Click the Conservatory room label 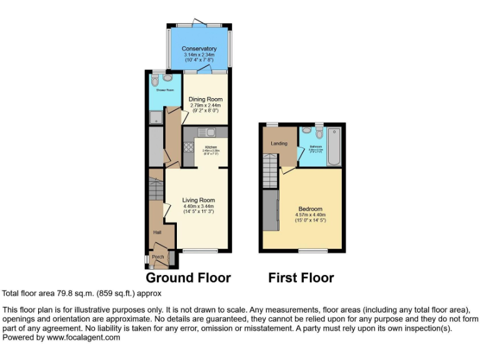199,49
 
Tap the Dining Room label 206,99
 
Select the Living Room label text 198,200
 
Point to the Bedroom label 310,209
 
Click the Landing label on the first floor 279,144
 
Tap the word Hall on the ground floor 157,232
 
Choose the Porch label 157,257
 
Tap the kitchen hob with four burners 188,147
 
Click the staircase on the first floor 270,170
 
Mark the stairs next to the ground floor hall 156,187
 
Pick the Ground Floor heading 188,277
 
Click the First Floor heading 301,277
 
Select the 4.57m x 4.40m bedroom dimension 311,216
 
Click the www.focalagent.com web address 84,337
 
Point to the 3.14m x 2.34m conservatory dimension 199,55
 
